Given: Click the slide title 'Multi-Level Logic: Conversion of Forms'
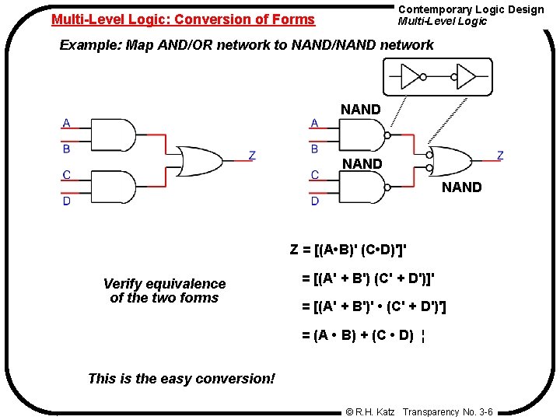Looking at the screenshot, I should pos(183,19).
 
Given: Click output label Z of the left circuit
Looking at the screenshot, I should pos(251,156).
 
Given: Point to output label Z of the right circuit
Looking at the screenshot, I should pos(499,156).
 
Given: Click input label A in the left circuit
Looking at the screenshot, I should pos(66,123).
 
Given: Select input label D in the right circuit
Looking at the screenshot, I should pos(315,201).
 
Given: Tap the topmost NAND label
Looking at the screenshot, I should pos(361,110).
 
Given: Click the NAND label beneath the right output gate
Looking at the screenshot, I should pos(462,187).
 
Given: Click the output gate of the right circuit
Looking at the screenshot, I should pos(449,161).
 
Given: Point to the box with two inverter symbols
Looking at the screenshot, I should pos(438,77).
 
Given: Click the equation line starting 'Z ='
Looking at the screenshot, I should pos(348,250).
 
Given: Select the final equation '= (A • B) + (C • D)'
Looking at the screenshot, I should pos(362,336).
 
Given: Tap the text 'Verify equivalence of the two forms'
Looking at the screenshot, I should pos(164,291).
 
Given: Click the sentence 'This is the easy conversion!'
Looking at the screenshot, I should pos(181,379).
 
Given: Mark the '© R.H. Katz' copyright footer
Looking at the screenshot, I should pos(371,411).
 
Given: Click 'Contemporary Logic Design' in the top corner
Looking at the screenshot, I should pos(471,9).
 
